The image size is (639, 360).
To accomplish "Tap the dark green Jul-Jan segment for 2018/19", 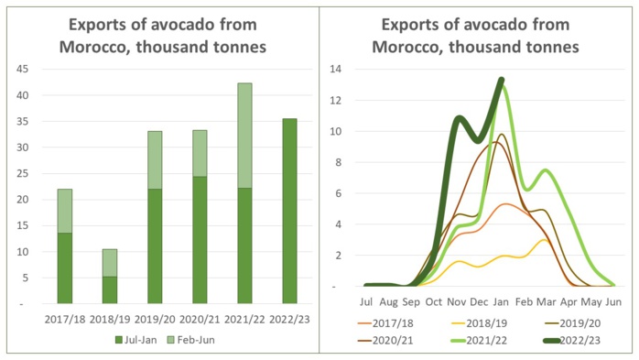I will [x=109, y=289].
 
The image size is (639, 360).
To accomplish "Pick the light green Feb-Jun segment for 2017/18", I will [x=64, y=211].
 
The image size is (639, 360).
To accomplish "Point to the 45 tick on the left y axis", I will [x=22, y=69].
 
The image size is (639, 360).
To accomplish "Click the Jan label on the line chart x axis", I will [x=502, y=300].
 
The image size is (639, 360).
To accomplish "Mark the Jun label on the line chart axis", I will [x=613, y=300].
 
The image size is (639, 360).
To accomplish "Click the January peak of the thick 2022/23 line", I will [x=502, y=79].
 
